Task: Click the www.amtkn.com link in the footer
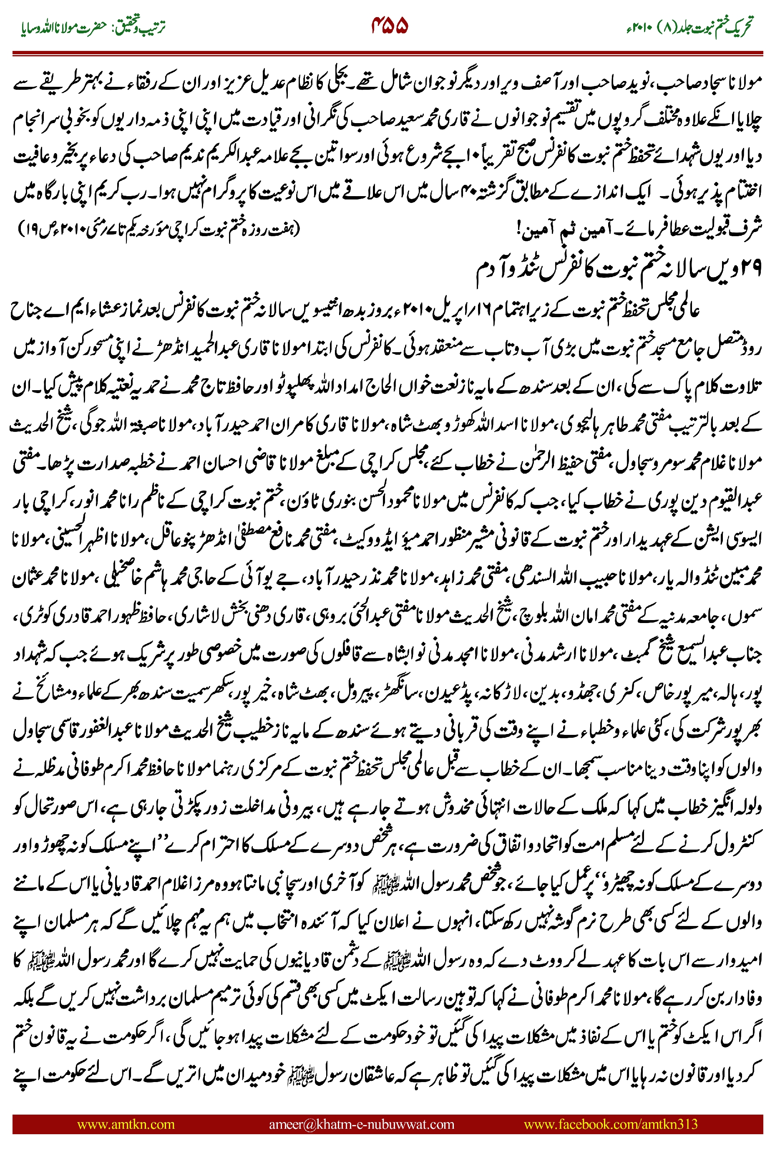click(x=126, y=1124)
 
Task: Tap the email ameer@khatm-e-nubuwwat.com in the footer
click(x=361, y=1124)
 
